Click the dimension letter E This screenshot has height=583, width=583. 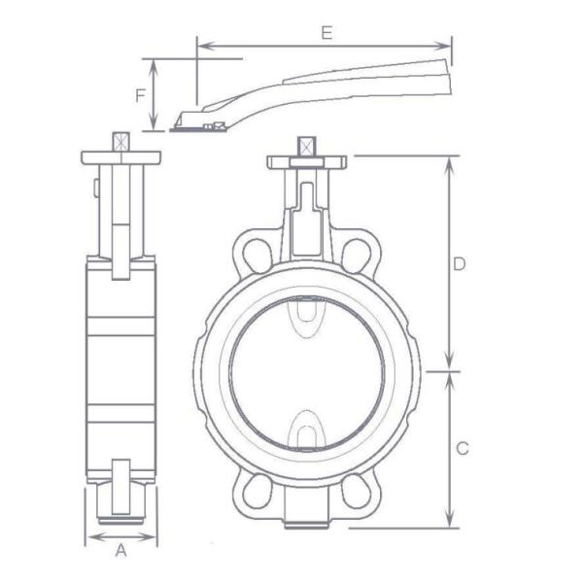tap(326, 32)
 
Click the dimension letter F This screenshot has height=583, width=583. tap(141, 95)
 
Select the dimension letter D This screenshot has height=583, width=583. tap(461, 263)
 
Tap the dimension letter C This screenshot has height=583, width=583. tap(463, 448)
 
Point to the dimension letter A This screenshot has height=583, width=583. tap(120, 552)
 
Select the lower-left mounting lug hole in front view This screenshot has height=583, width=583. tap(258, 492)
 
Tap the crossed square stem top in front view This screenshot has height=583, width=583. tap(307, 147)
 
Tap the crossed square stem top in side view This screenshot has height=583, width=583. tap(120, 142)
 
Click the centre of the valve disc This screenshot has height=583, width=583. tap(307, 374)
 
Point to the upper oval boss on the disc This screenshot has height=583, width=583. tap(307, 316)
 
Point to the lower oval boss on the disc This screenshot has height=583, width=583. tap(307, 429)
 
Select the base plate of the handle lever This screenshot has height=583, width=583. tap(200, 124)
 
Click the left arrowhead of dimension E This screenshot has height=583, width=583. tap(200, 44)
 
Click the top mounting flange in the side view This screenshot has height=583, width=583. tap(120, 157)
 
